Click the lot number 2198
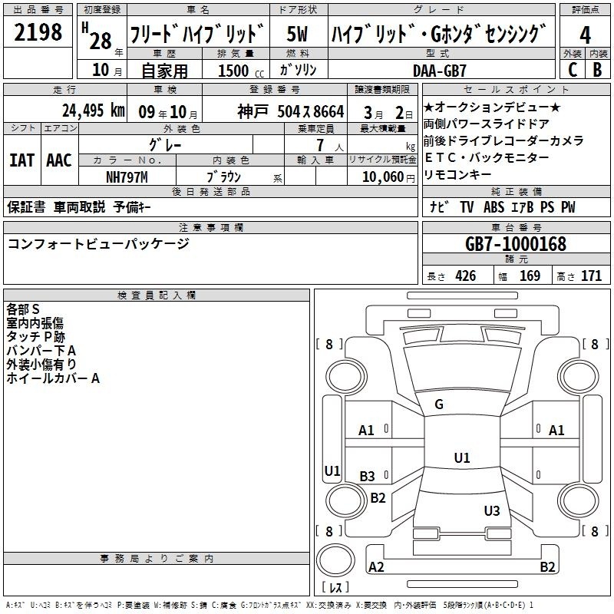click(38, 31)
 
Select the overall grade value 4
click(585, 35)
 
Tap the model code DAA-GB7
click(439, 71)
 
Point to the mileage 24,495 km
click(94, 111)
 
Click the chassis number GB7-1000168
click(515, 244)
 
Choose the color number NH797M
click(127, 177)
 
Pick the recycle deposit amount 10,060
click(383, 177)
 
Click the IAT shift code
click(22, 160)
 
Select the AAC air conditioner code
click(59, 160)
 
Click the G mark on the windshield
click(439, 404)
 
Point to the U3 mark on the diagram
click(492, 510)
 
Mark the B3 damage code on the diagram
click(368, 476)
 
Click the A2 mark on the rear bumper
click(376, 566)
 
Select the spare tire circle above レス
click(335, 561)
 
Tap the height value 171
click(591, 276)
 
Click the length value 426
click(466, 276)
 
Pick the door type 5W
click(297, 34)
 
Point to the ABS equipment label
click(494, 207)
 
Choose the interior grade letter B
click(597, 70)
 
